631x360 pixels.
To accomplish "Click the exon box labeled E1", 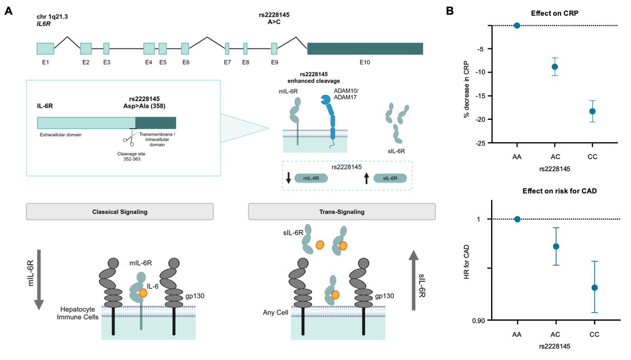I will pyautogui.click(x=45, y=48).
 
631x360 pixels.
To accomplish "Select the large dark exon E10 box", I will pyautogui.click(x=365, y=48).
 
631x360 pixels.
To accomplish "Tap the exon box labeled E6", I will pyautogui.click(x=185, y=48).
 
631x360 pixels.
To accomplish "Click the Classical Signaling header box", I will pyautogui.click(x=120, y=212).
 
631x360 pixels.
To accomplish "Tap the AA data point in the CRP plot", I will pyautogui.click(x=517, y=25).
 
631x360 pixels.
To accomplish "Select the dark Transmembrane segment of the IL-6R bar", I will pyautogui.click(x=156, y=122).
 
